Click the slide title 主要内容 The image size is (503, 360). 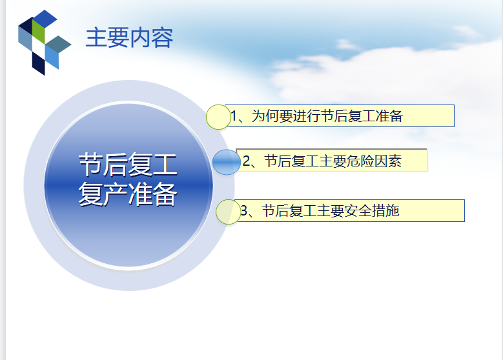point(129,38)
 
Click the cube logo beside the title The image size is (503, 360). point(45,43)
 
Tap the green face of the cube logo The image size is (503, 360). point(39,32)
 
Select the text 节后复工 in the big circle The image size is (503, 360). point(128,165)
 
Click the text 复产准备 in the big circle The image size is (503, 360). point(128,194)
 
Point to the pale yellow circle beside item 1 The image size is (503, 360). point(218,117)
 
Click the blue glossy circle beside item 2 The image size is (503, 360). point(226,162)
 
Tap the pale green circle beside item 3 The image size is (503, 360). point(228,212)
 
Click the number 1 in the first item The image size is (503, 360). point(234,116)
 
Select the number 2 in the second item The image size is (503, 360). point(246,161)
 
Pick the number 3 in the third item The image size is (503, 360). point(244,211)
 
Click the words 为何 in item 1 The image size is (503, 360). point(265,116)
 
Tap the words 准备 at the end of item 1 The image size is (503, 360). point(389,116)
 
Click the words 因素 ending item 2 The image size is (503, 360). point(388,161)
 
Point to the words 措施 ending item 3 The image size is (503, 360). point(385,211)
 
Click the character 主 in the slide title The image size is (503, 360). point(96,38)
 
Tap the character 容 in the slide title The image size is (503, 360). point(162,38)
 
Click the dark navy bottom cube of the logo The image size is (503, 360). point(39,63)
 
